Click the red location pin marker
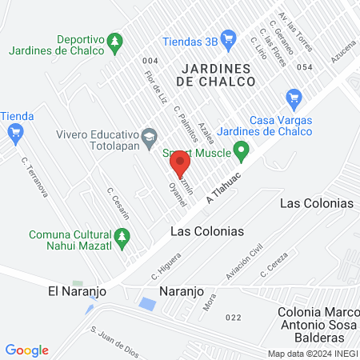click(x=179, y=163)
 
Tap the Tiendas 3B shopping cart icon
click(x=229, y=37)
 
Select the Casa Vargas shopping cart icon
click(x=293, y=98)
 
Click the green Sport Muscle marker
click(x=240, y=150)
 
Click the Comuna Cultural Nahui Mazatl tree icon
click(x=122, y=236)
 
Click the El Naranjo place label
click(x=72, y=291)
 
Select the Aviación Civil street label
click(x=244, y=263)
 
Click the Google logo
click(x=26, y=350)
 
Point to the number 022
click(x=234, y=318)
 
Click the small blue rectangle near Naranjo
click(x=147, y=304)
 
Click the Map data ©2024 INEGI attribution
click(x=312, y=354)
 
